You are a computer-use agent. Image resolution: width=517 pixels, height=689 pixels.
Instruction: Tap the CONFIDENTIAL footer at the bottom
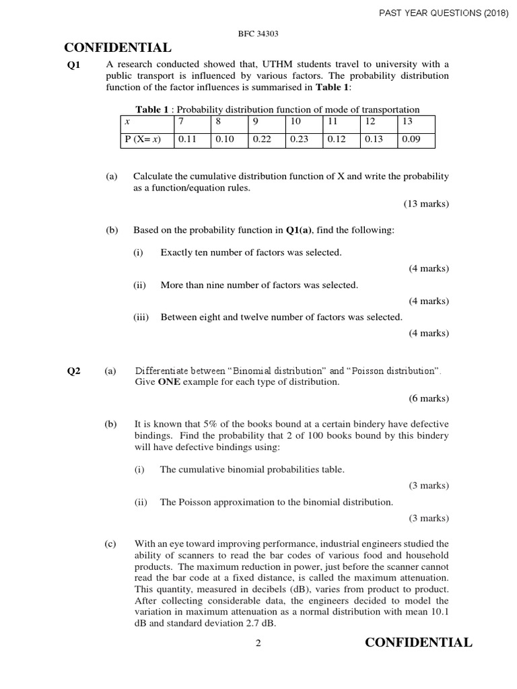point(418,643)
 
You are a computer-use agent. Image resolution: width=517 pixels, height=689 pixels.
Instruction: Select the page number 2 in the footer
point(258,644)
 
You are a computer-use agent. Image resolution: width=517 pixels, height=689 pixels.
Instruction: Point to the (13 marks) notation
point(426,203)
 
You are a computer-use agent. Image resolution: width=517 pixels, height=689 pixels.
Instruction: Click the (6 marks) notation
point(429,398)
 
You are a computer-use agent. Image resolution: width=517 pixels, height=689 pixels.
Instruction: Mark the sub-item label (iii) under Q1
point(141,318)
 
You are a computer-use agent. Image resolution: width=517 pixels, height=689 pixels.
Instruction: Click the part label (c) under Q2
point(110,544)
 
